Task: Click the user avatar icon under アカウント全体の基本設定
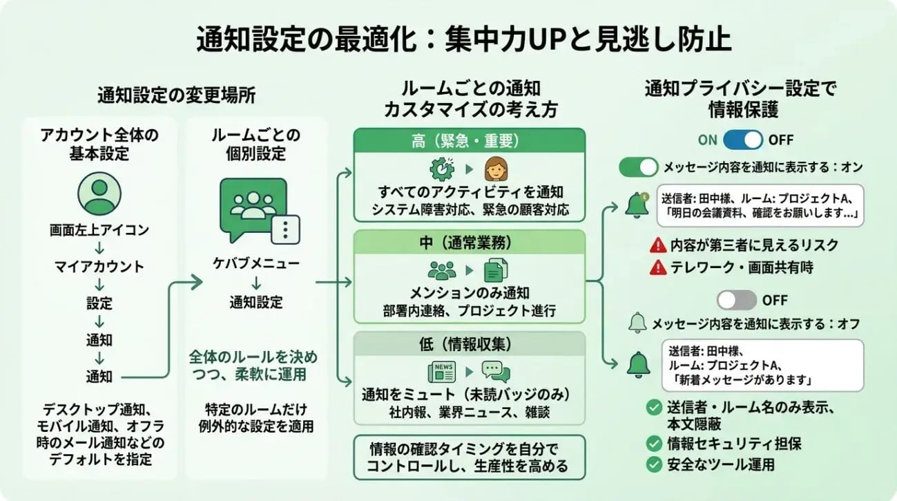(x=97, y=193)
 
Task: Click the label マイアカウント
(x=99, y=266)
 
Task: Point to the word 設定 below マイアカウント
(x=99, y=303)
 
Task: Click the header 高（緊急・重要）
(x=469, y=141)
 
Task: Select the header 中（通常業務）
(x=469, y=243)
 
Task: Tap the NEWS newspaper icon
(x=441, y=372)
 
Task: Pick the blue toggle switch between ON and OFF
(x=743, y=140)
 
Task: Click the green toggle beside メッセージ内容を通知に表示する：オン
(x=638, y=167)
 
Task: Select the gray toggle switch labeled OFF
(x=737, y=300)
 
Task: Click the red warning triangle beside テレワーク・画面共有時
(x=658, y=267)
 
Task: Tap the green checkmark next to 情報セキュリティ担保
(x=653, y=443)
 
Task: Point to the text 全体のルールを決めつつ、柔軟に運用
(x=254, y=366)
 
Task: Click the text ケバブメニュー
(x=256, y=264)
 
